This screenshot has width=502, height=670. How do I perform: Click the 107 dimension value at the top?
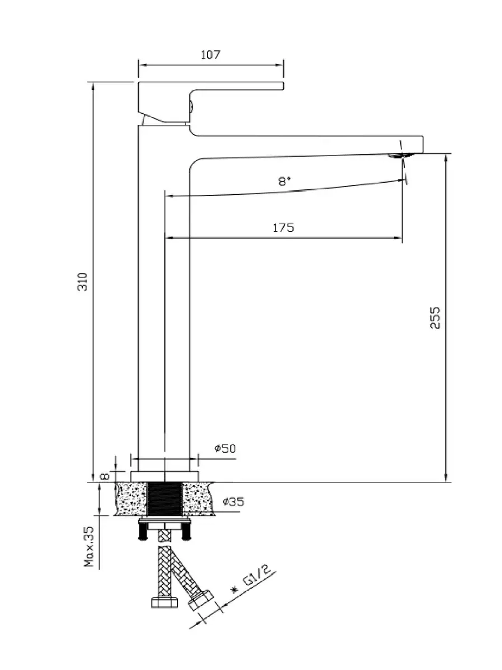click(x=210, y=54)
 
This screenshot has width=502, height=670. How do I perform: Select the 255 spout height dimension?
click(x=436, y=317)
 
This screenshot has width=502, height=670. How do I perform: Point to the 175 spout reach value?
click(x=283, y=228)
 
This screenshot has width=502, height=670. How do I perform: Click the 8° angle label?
click(x=285, y=181)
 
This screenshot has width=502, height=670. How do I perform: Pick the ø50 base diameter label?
click(x=224, y=448)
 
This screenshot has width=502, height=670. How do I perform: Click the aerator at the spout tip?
click(x=401, y=156)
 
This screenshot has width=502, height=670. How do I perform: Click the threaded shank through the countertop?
click(x=165, y=498)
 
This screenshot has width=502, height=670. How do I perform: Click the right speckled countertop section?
click(x=198, y=498)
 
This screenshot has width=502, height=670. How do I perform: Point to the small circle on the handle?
click(x=191, y=106)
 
